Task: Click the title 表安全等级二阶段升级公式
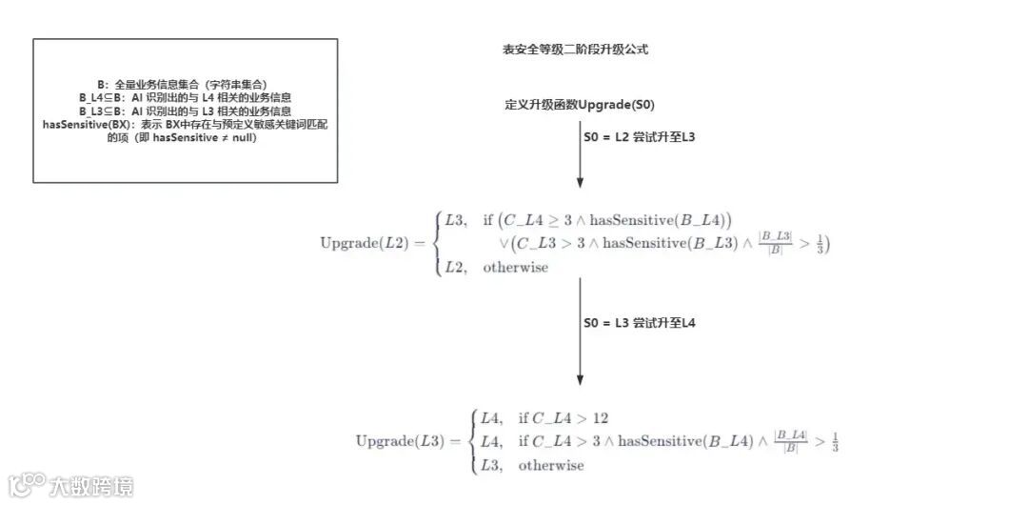point(575,50)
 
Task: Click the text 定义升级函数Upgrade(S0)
point(579,104)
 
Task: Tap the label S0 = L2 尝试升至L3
point(640,137)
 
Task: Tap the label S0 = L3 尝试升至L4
point(640,323)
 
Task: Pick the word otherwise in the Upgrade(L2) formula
point(516,268)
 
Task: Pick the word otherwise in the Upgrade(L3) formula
point(551,465)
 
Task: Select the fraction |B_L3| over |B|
point(775,242)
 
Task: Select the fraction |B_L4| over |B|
point(791,441)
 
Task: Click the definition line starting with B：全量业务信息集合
point(186,85)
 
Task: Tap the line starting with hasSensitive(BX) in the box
point(186,124)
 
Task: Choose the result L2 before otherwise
point(458,268)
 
